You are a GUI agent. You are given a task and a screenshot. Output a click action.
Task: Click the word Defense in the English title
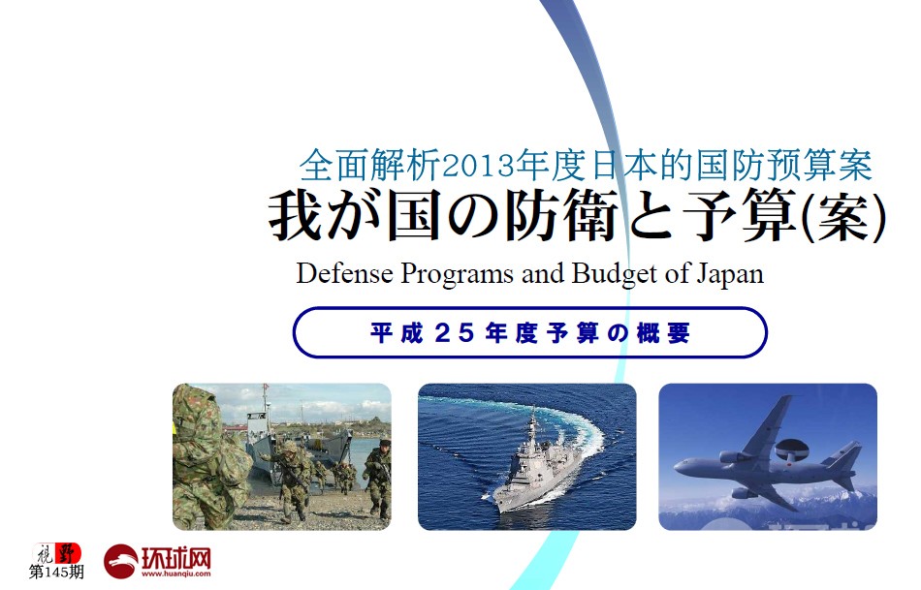(345, 273)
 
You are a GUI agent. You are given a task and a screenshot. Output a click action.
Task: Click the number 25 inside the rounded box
(455, 333)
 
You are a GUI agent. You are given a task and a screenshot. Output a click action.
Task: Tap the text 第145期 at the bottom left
(56, 572)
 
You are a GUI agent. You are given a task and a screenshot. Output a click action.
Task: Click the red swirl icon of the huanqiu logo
(121, 562)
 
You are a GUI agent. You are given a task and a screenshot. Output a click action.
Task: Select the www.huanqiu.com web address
(175, 574)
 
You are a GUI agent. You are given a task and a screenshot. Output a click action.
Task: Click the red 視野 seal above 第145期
(57, 553)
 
